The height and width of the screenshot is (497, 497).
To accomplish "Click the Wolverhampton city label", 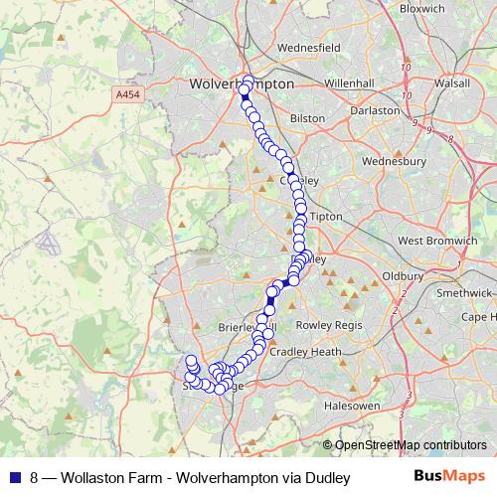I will click(x=242, y=84).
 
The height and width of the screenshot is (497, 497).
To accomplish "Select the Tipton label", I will click(x=326, y=216).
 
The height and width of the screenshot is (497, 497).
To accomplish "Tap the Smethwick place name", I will click(x=463, y=293).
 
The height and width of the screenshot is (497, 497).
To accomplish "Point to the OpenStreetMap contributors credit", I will click(x=411, y=445).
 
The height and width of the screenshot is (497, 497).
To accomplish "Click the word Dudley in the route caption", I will click(x=330, y=478).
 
